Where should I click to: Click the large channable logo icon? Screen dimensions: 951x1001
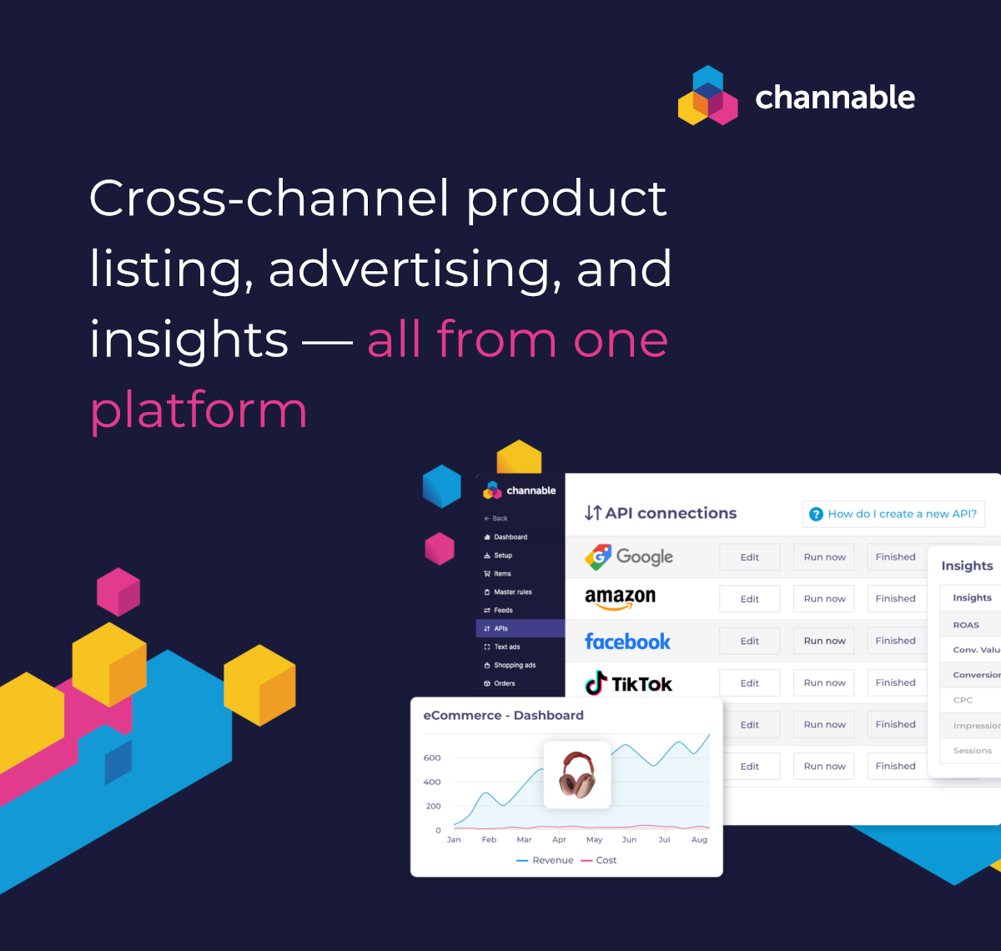coord(707,96)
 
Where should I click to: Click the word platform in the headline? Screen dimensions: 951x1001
coord(199,411)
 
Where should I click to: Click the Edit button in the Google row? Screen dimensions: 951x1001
coord(749,557)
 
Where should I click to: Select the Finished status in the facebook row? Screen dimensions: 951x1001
coord(895,641)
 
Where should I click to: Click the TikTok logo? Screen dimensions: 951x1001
coord(628,683)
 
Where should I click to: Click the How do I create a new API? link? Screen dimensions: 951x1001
coord(893,514)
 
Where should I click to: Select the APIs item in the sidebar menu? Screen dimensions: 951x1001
coord(501,628)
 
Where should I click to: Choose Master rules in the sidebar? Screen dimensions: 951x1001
coord(512,591)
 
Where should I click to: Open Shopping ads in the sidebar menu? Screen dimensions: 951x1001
coord(514,665)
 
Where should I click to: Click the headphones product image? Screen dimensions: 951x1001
coord(577,774)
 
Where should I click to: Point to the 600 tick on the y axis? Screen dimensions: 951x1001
coord(432,757)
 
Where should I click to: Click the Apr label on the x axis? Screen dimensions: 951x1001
coord(559,839)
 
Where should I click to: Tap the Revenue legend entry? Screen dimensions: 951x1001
coord(546,860)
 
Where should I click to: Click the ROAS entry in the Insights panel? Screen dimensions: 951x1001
coord(966,625)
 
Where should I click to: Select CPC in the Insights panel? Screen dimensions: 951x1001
coord(963,700)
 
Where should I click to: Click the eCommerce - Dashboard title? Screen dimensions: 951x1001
coord(503,715)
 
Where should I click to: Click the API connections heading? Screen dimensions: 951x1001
coord(661,513)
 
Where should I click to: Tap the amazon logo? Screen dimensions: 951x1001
coord(620,597)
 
